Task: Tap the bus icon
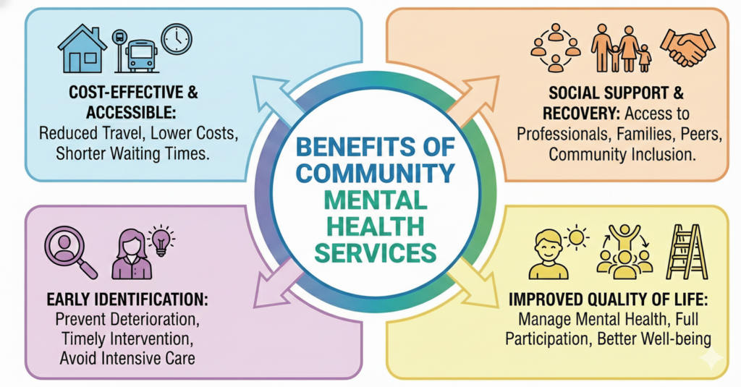pyautogui.click(x=140, y=52)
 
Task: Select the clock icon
pyautogui.click(x=177, y=38)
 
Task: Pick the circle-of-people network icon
pyautogui.click(x=556, y=47)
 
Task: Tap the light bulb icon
pyautogui.click(x=161, y=239)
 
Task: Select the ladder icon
pyautogui.click(x=685, y=251)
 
